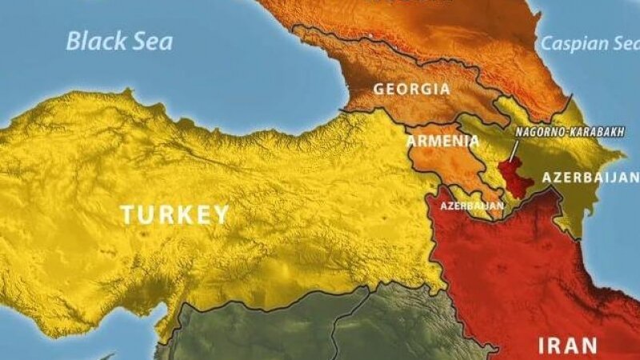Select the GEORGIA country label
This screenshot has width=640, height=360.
coord(412,89)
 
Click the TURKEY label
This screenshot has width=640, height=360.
coord(175,214)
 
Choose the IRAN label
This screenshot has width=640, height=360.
coord(567,346)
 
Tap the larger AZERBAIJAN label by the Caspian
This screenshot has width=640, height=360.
coord(590,178)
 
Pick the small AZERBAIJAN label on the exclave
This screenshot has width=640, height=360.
coord(473,206)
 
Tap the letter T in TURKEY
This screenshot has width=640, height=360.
coord(128,214)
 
